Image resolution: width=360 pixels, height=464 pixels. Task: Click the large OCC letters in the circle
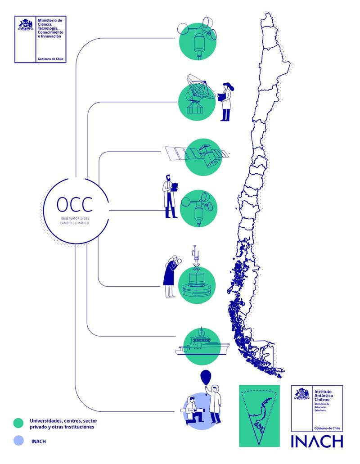75,205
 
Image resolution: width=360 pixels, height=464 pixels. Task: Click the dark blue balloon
206,377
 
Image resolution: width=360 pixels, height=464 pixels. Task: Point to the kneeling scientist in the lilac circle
193,410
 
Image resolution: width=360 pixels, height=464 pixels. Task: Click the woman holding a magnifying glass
171,276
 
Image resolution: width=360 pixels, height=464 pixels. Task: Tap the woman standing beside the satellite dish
226,101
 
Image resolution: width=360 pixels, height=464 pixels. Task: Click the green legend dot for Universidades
18,423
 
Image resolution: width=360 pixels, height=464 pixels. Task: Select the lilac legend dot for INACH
18,441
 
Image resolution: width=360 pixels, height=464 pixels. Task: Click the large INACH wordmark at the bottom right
317,441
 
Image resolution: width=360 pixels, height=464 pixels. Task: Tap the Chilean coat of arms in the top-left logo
25,24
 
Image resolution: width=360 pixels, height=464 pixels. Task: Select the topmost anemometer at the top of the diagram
197,38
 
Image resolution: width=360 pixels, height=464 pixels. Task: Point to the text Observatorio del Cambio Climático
75,221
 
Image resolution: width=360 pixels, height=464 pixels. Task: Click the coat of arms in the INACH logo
302,393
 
